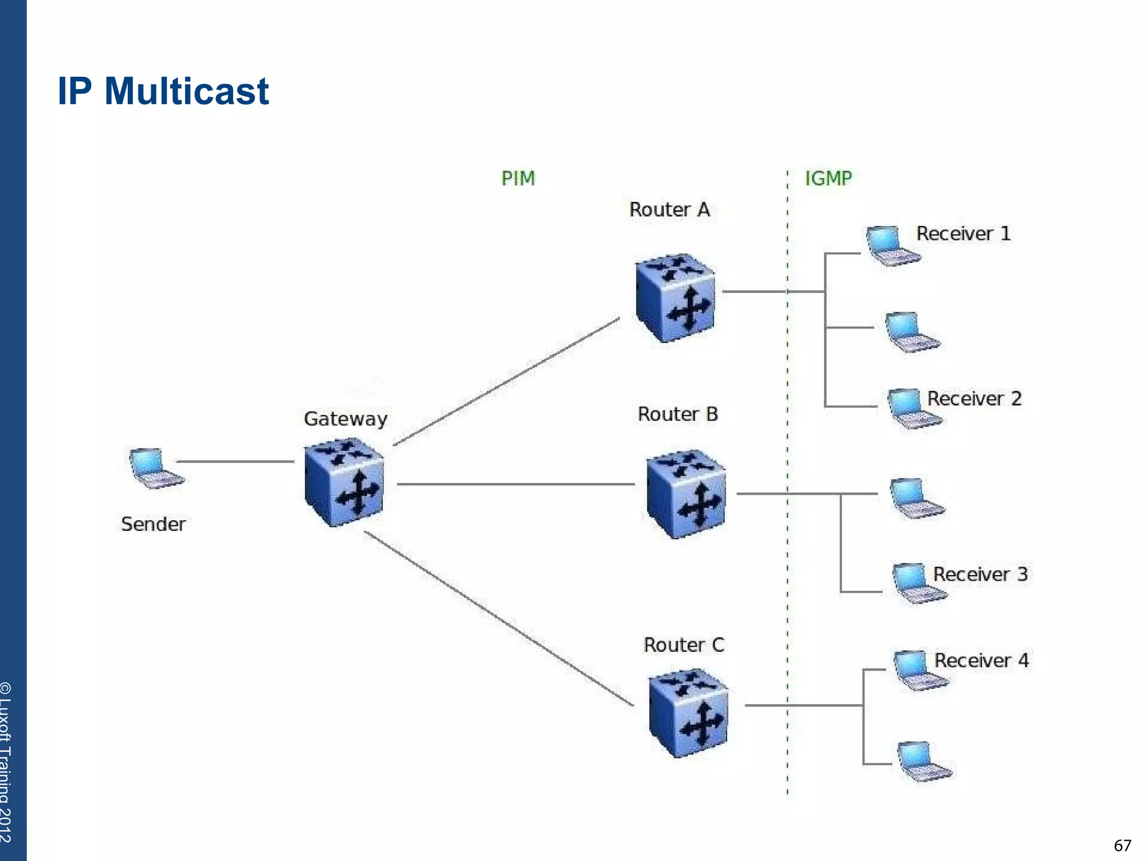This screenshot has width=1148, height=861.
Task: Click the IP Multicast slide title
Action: click(x=163, y=91)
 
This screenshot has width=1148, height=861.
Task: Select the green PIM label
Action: click(x=518, y=179)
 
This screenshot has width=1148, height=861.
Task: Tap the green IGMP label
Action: click(x=828, y=179)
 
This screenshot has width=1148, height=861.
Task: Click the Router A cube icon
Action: click(x=675, y=298)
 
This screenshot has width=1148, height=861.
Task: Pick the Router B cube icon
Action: click(x=686, y=494)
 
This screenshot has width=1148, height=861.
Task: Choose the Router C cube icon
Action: click(x=688, y=713)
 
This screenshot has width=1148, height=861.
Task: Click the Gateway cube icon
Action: click(x=344, y=483)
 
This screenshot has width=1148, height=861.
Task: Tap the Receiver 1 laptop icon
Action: click(x=892, y=246)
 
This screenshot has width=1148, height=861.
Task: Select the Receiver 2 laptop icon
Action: click(x=913, y=409)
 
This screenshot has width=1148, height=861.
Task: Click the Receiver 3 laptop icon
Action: click(x=918, y=584)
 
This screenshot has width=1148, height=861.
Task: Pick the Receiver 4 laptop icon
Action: click(x=920, y=670)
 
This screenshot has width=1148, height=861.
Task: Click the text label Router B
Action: click(x=677, y=414)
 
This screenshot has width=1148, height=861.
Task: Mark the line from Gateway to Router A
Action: click(x=506, y=382)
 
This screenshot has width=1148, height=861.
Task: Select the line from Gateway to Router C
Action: click(x=498, y=618)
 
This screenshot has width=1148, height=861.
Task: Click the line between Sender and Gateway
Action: click(x=235, y=461)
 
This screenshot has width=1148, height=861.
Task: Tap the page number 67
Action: click(x=1122, y=845)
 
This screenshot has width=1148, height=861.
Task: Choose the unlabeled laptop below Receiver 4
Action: click(x=923, y=761)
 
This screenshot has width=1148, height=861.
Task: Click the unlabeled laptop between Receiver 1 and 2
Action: click(x=911, y=332)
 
